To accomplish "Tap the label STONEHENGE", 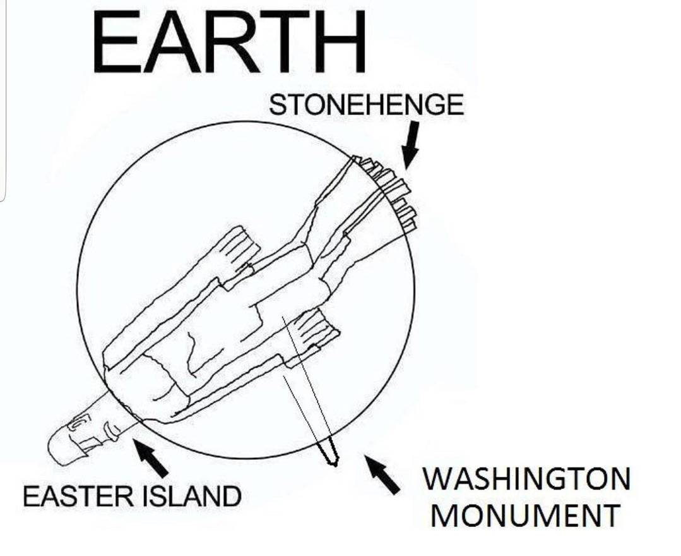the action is [366, 105].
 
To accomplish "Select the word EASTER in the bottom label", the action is [79, 496].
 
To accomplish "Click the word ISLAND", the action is [191, 496].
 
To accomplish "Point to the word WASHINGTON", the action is [526, 478].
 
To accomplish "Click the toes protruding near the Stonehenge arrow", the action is [386, 191].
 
